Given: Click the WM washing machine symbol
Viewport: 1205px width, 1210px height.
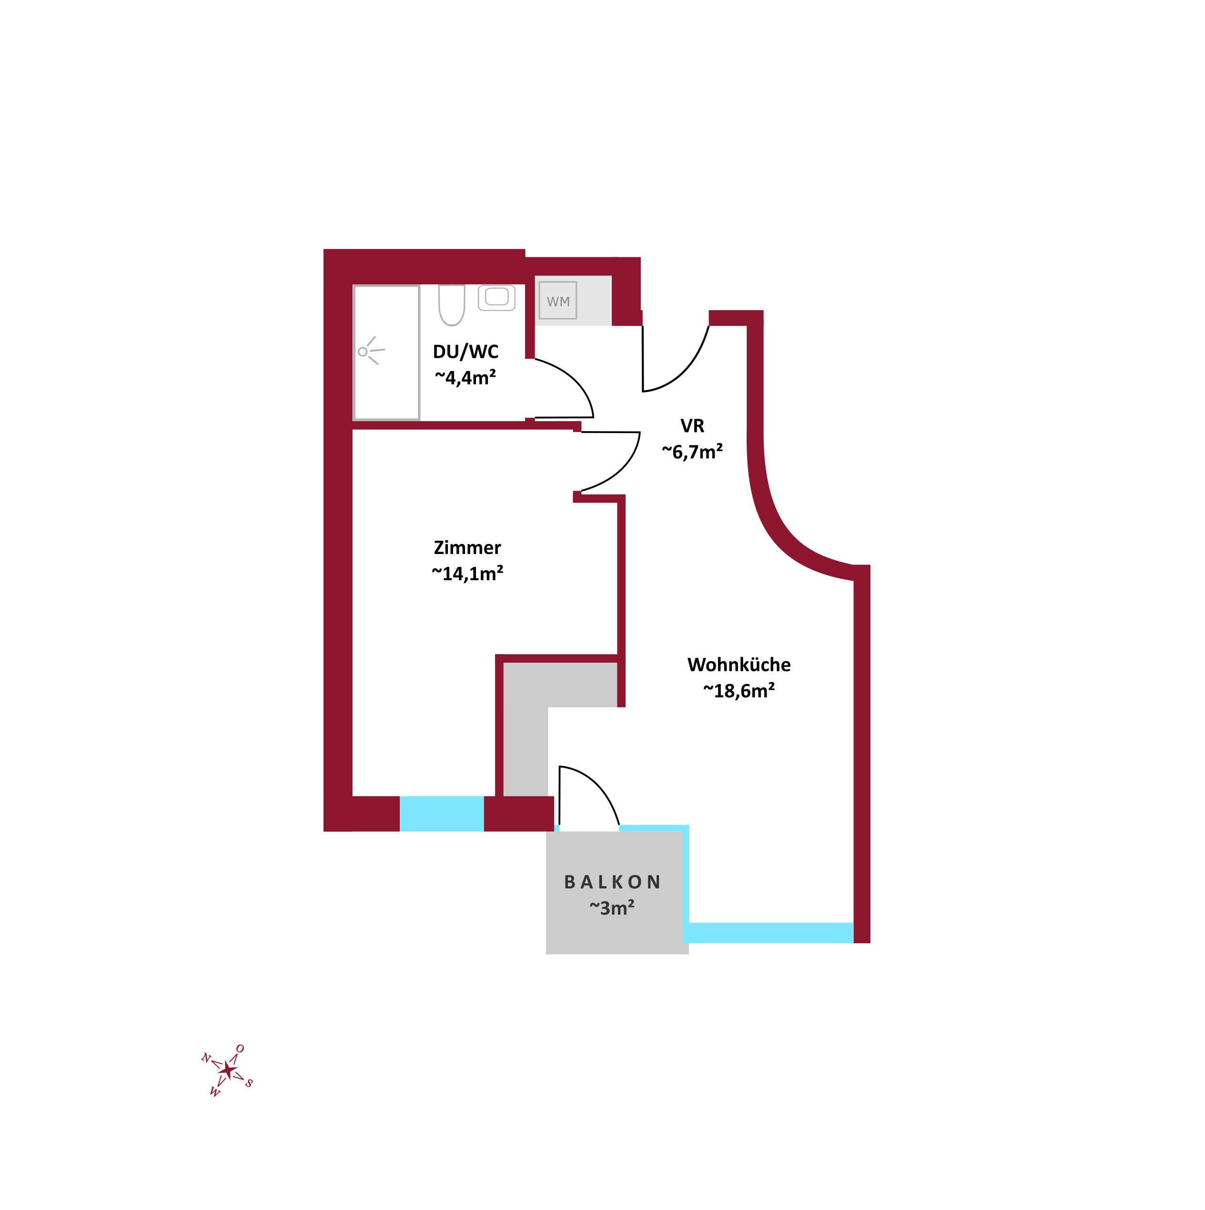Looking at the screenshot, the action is (x=557, y=301).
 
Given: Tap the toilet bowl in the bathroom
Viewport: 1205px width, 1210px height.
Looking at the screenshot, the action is (x=452, y=305).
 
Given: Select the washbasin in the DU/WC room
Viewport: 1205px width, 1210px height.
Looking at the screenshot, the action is (x=496, y=297).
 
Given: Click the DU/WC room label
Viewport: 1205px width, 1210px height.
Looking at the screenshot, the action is (x=466, y=352).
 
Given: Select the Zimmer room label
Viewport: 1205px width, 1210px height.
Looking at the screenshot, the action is (x=467, y=548).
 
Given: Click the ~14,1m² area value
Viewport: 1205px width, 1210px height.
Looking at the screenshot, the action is (x=467, y=574).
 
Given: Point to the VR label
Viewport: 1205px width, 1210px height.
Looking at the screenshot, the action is (x=692, y=426).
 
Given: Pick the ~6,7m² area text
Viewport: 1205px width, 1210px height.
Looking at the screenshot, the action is (x=692, y=452).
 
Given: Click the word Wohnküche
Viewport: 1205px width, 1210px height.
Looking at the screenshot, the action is (x=739, y=665).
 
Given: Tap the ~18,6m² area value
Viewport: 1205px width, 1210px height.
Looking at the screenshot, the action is (x=739, y=691).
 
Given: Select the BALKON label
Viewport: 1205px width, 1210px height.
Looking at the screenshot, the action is (x=613, y=882).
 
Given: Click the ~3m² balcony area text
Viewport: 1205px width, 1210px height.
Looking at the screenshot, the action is (x=612, y=908).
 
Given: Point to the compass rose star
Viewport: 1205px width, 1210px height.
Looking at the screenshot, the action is (x=228, y=1070).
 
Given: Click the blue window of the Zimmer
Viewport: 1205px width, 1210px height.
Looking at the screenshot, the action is (x=442, y=814).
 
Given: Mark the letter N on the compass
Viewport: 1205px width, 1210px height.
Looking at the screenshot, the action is (x=205, y=1059).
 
